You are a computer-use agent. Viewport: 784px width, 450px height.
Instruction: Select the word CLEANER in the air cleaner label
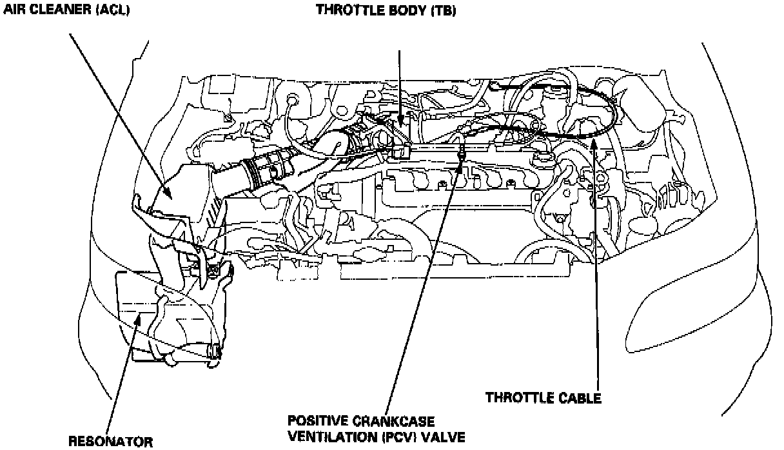tap(52, 10)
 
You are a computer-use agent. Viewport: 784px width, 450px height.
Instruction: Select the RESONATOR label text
tap(110, 442)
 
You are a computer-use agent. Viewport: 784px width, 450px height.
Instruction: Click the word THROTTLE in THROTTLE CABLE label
tap(515, 398)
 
